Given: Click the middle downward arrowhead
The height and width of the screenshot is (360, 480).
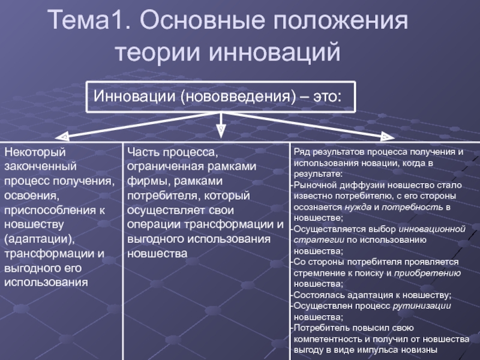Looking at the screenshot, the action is [220, 129].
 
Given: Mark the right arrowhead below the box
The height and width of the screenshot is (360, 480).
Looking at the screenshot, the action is [383, 136].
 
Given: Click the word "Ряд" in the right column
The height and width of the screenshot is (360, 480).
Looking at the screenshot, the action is [302, 152].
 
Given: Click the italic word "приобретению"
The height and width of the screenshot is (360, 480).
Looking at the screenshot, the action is [427, 272].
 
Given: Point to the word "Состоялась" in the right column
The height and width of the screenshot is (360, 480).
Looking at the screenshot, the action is [317, 295].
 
